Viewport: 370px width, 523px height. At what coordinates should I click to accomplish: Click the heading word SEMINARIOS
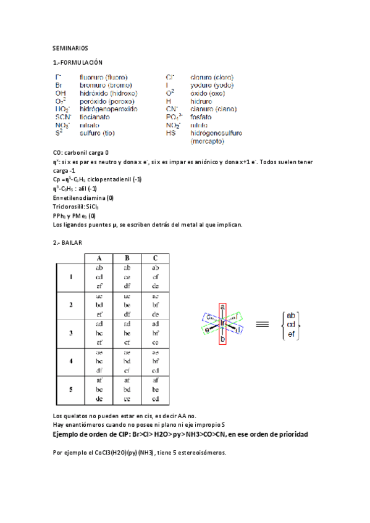point(70,47)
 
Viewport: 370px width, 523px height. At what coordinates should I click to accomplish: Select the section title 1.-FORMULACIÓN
point(78,63)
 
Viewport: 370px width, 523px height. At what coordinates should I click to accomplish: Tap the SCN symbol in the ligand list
point(63,116)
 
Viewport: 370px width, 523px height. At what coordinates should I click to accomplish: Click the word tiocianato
point(98,116)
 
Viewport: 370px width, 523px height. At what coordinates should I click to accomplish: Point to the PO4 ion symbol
point(174,116)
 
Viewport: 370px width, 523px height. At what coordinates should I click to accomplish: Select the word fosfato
point(201,116)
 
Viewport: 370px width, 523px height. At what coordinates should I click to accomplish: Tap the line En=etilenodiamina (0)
point(83,198)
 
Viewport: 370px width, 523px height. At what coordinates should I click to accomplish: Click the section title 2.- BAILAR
point(67,243)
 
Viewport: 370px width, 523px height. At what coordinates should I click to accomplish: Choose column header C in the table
point(155,258)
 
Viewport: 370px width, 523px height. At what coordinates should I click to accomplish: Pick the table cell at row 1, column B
point(127,277)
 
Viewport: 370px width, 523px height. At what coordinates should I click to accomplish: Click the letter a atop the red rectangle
point(222,306)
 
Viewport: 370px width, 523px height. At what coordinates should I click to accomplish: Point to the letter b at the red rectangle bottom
point(222,339)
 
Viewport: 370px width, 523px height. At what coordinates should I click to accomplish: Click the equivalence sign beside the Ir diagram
point(262,323)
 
